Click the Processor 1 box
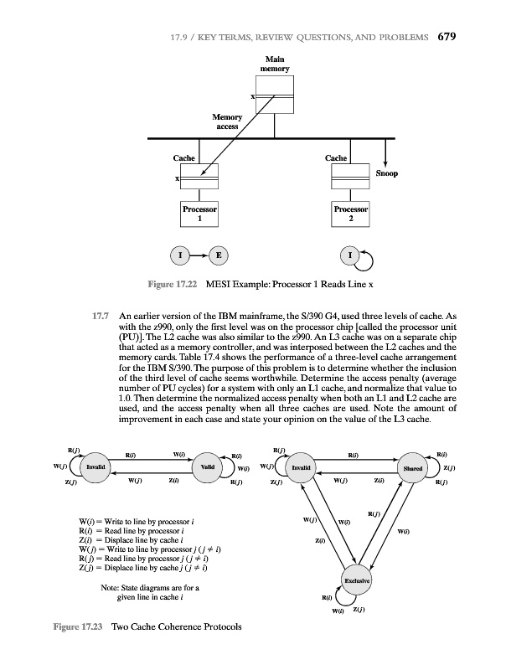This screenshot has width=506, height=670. tap(199, 213)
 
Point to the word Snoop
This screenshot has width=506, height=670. tap(386, 174)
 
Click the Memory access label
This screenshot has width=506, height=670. tap(227, 121)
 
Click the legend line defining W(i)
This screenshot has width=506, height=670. tap(135, 525)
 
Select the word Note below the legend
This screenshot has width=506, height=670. tap(111, 590)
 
